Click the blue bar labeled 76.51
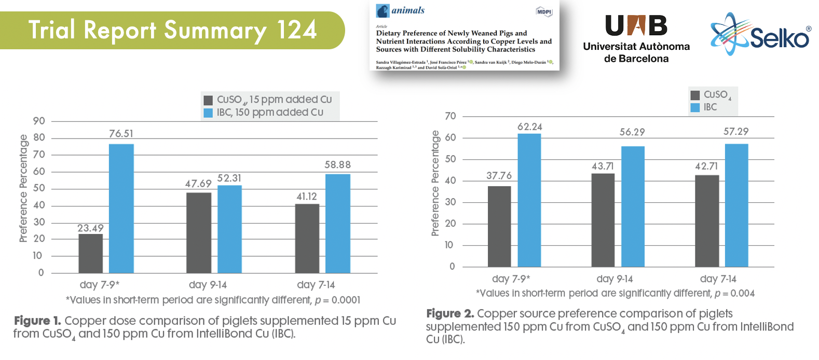click(x=121, y=208)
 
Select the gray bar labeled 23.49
click(x=91, y=253)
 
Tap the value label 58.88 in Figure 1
click(x=337, y=165)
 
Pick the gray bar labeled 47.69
click(x=199, y=232)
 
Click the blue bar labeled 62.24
click(x=529, y=200)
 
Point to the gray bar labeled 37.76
click(x=499, y=226)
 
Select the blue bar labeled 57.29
click(x=736, y=205)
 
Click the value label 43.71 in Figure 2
click(x=603, y=166)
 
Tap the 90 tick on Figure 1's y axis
click(x=39, y=121)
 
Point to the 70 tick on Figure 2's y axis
click(x=451, y=116)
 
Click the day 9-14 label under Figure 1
click(x=208, y=285)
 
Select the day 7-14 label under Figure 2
click(x=718, y=279)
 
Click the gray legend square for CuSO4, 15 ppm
click(x=208, y=100)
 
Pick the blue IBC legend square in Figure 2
click(x=695, y=107)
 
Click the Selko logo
click(x=760, y=35)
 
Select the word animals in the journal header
click(x=408, y=10)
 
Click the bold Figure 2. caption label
click(x=450, y=314)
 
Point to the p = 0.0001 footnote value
click(x=337, y=300)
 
